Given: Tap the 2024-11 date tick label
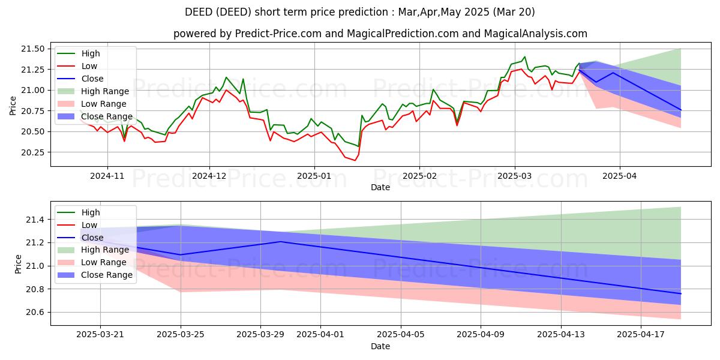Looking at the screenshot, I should point(107,176).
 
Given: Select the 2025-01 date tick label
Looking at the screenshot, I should point(314,176).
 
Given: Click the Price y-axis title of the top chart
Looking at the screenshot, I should point(13,104).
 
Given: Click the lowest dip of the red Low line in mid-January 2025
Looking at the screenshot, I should point(355,160).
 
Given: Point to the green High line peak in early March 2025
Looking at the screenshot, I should point(525,57).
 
